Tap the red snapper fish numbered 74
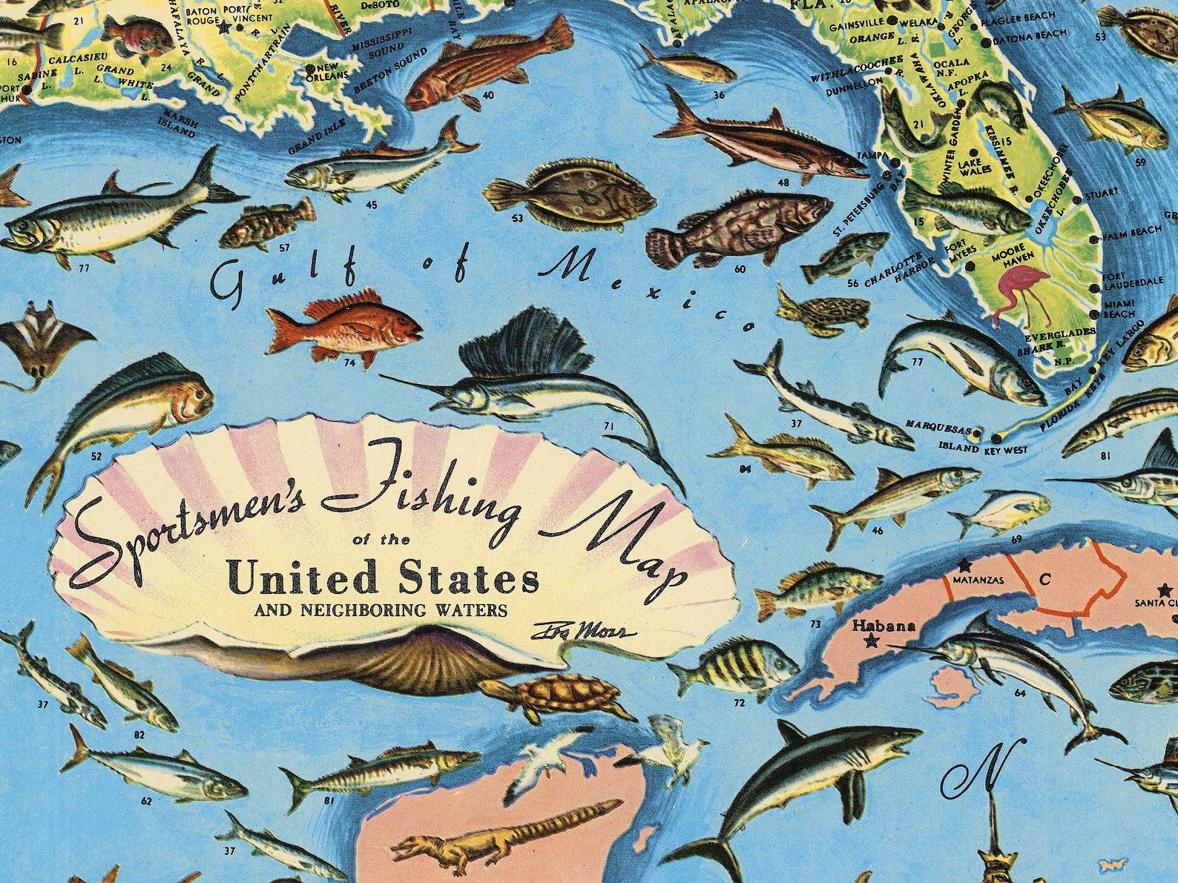coord(344,326)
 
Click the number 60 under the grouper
coord(740,269)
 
